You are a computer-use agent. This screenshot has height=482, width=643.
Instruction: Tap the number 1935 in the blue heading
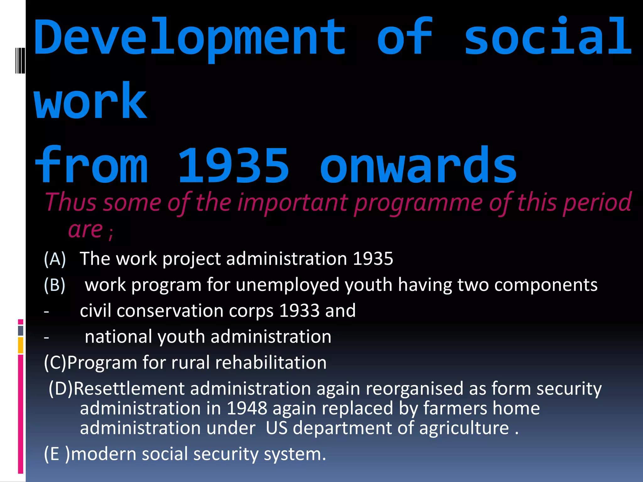(233, 166)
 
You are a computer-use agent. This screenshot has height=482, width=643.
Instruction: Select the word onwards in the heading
(418, 166)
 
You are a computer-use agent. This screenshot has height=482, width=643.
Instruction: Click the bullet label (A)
(55, 259)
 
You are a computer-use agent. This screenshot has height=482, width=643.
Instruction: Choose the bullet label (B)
(55, 285)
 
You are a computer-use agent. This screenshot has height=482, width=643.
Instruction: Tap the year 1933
(299, 311)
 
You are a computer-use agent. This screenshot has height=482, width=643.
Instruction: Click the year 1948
(247, 409)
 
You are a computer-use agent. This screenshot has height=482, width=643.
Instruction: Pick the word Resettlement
(129, 389)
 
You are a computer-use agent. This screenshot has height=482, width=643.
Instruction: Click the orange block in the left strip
(21, 345)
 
